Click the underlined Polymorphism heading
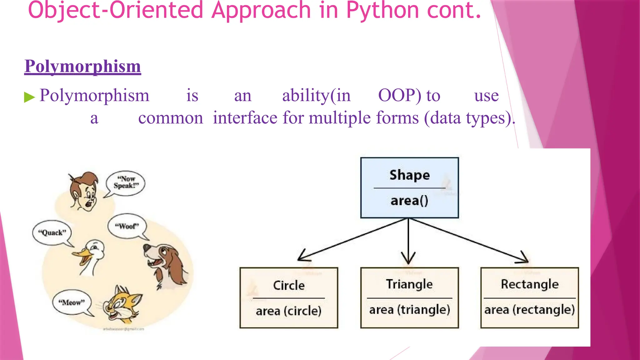point(82,66)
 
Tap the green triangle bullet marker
point(29,97)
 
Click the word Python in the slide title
point(383,11)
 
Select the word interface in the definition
point(245,118)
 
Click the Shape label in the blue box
point(409,175)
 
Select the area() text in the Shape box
point(409,201)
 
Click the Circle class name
point(289,285)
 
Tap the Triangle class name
point(409,284)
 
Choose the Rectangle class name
point(530,284)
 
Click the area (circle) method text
point(288,311)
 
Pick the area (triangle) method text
point(409,310)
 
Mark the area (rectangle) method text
point(530,310)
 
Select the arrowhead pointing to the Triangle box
point(408,259)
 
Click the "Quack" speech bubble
point(52,232)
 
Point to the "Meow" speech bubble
point(72,302)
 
